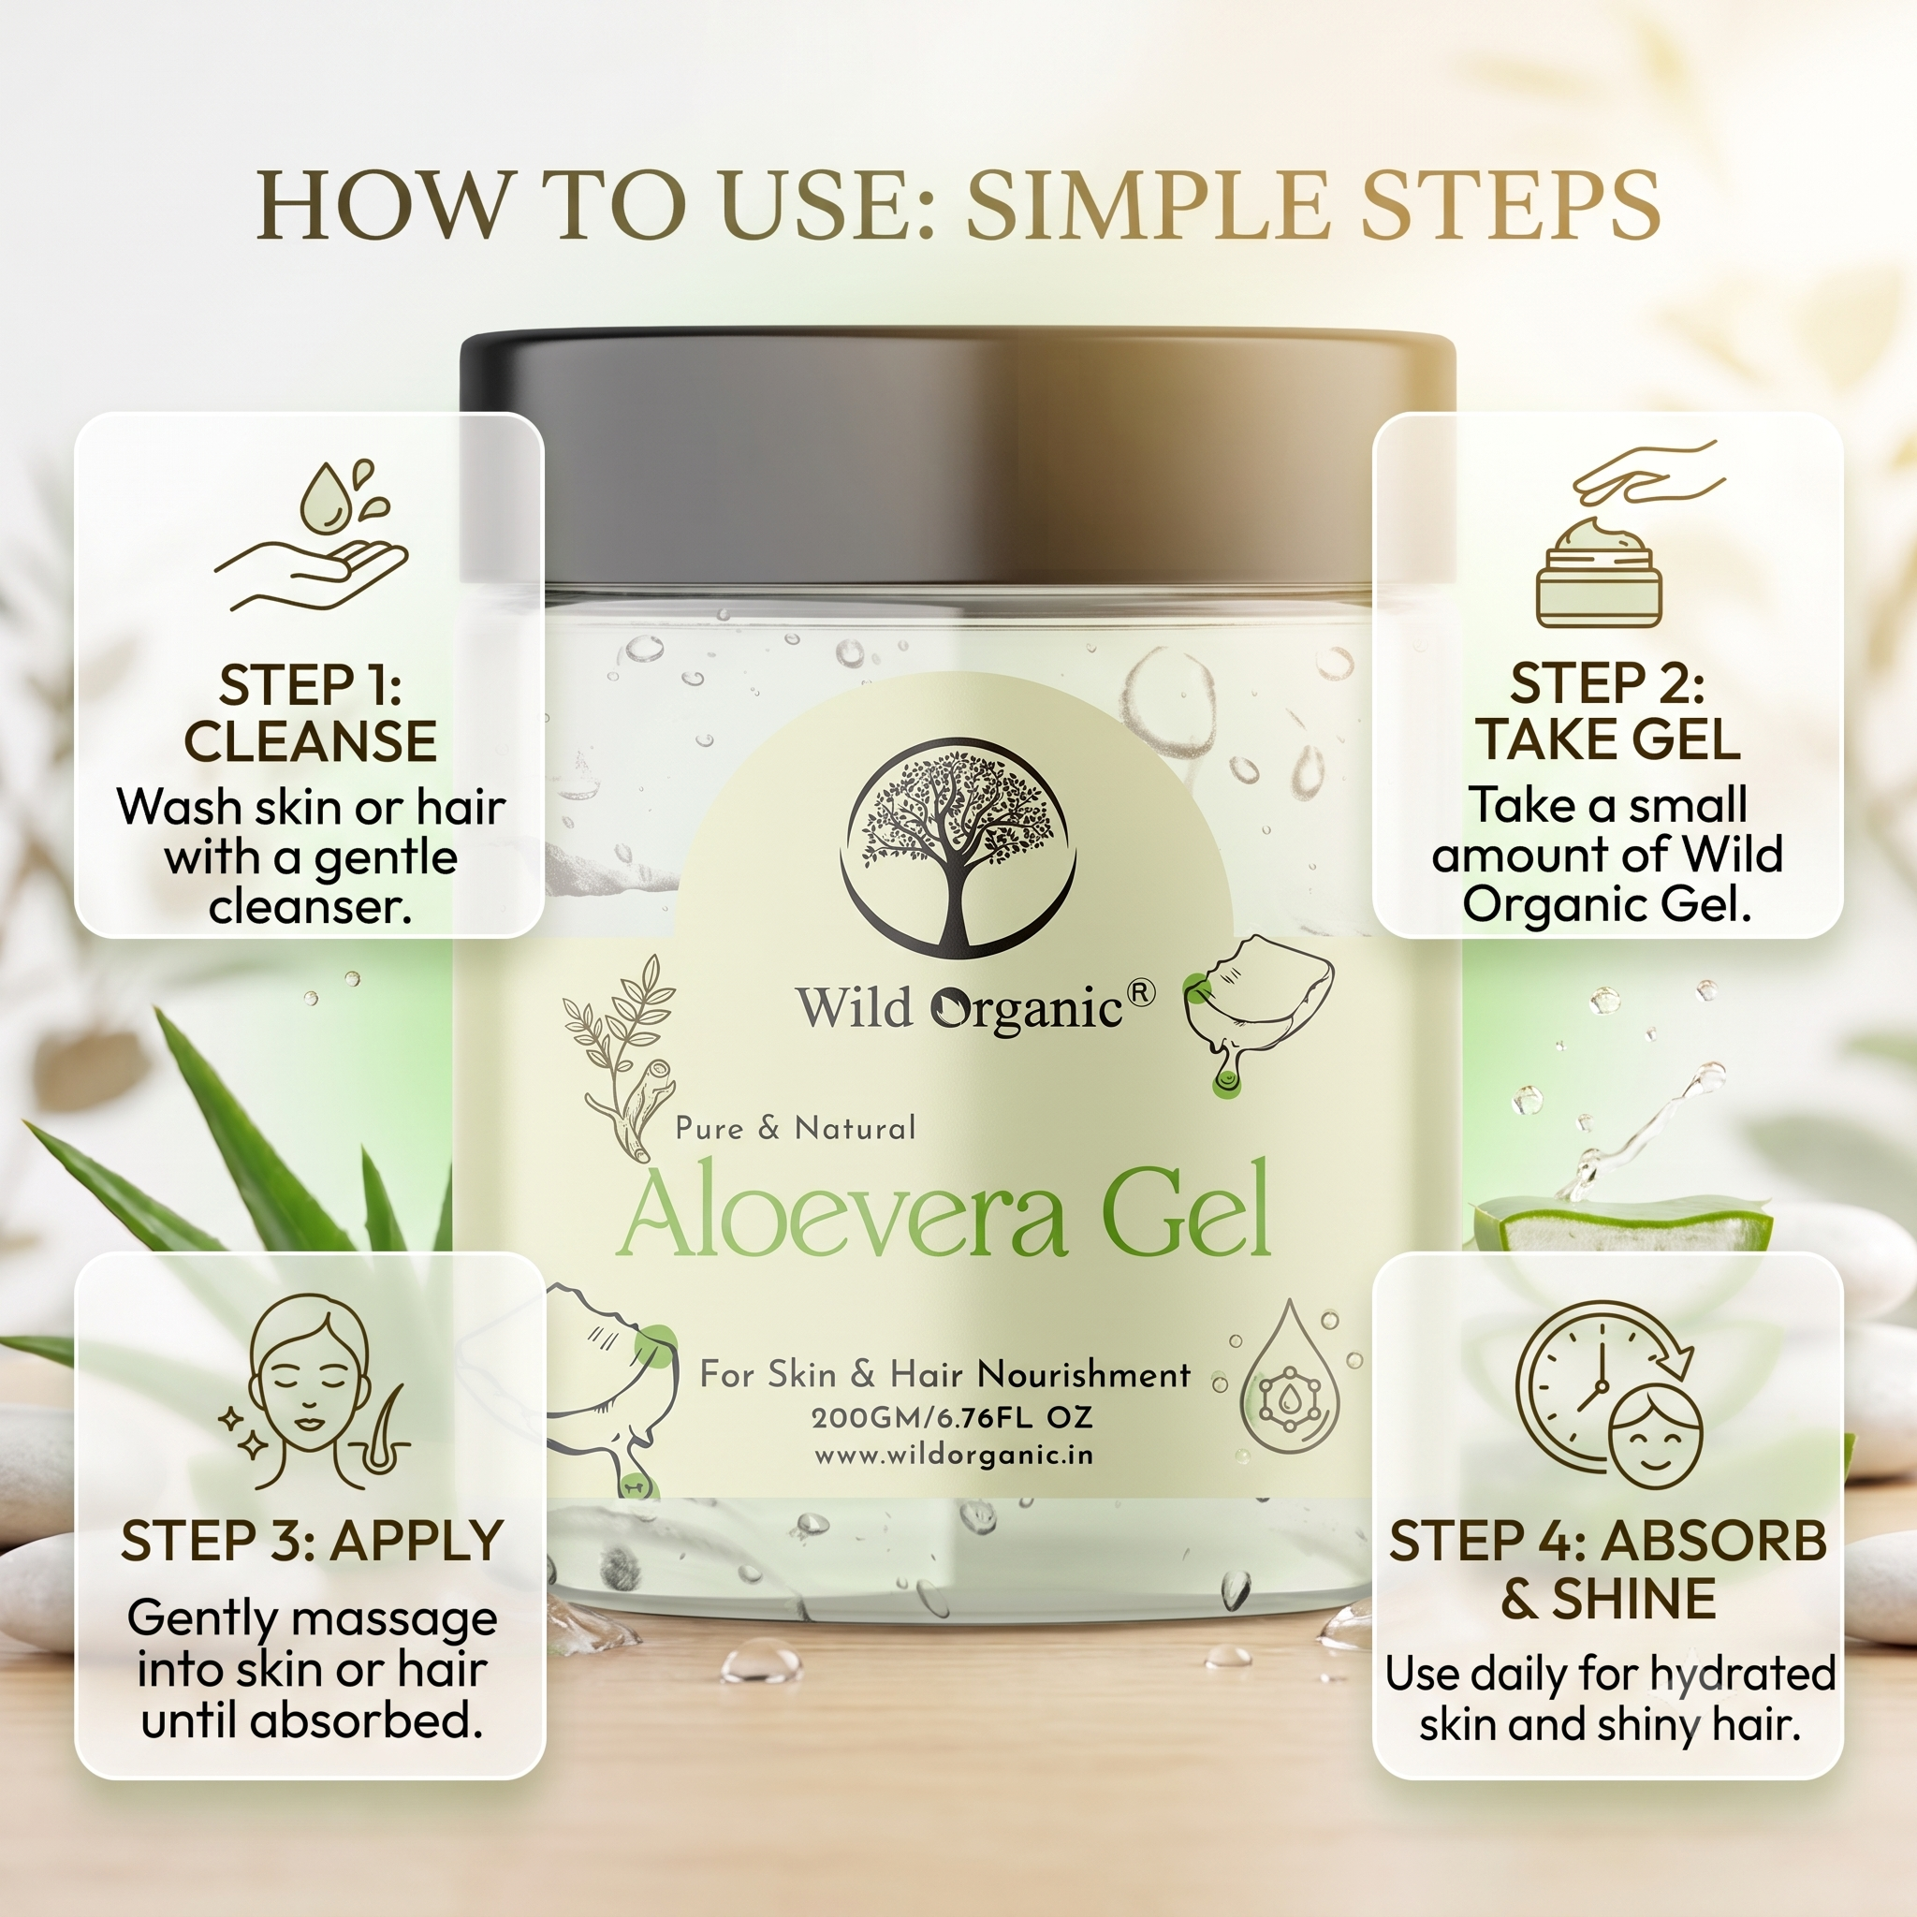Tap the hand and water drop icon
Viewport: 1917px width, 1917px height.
coord(311,535)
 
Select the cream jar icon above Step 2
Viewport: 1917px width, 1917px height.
coord(1599,573)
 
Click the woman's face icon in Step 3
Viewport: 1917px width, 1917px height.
coord(310,1389)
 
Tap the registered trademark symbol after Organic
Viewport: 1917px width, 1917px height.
coord(1142,992)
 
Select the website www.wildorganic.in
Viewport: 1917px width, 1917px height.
coord(955,1456)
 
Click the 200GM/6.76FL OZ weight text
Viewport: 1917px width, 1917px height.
coord(953,1418)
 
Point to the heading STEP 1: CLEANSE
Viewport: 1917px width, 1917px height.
coord(311,712)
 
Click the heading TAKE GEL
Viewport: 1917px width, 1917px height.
coord(1607,739)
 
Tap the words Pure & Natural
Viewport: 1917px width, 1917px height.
coord(796,1128)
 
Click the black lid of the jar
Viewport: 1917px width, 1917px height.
coord(958,457)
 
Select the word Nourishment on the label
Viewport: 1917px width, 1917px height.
coord(1084,1374)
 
